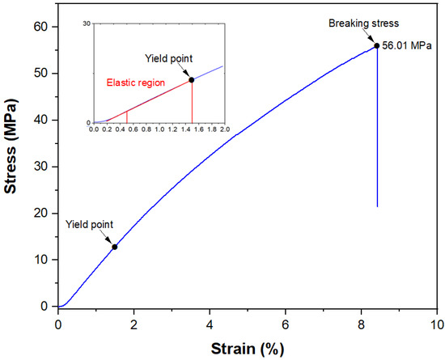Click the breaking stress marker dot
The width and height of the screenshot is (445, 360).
377,45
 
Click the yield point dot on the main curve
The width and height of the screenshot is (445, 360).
115,247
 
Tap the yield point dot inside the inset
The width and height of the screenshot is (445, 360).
192,80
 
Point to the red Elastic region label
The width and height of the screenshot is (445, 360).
136,83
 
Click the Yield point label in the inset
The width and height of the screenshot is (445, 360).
168,58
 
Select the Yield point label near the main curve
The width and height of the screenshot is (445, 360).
89,224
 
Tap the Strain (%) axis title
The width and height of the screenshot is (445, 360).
246,348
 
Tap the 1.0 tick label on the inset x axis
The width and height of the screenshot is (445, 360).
159,129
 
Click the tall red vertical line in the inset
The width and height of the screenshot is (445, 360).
192,102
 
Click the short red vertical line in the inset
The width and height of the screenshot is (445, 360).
126,116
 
